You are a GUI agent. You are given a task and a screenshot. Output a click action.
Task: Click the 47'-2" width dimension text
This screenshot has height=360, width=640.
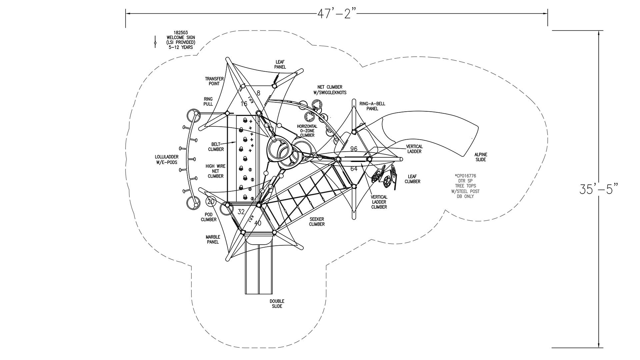point(337,14)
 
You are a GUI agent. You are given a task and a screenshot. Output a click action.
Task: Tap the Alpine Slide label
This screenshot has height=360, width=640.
point(481,157)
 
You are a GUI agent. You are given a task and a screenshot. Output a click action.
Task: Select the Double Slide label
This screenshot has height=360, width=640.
point(277,304)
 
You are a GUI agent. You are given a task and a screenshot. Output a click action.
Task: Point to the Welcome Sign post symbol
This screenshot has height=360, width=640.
point(155,42)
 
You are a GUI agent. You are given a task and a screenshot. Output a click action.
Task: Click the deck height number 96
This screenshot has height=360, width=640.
point(354,149)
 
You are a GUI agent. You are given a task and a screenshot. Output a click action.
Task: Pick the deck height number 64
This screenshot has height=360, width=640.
point(354,169)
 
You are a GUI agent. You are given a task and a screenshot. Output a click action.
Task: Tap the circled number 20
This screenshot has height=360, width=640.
point(211,201)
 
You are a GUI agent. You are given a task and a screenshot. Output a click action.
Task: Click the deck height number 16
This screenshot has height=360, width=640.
point(244,104)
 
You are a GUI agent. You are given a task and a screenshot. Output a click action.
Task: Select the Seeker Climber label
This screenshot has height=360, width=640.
point(317,222)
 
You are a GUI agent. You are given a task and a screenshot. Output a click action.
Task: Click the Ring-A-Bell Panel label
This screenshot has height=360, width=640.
point(372,106)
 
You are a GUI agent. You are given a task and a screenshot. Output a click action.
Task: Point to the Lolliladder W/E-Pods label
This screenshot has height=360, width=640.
point(166,160)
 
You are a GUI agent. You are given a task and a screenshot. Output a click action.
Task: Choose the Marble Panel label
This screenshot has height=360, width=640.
point(213,239)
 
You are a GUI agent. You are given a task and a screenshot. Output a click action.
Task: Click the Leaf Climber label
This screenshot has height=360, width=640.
point(412,179)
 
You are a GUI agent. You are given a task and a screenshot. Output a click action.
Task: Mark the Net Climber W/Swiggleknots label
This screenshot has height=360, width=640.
point(330,90)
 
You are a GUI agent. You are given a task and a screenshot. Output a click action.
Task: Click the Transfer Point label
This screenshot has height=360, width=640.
point(214,81)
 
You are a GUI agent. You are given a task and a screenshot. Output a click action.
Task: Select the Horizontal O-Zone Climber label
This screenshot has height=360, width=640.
point(307,131)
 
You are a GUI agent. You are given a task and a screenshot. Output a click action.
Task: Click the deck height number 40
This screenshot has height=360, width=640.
point(258,223)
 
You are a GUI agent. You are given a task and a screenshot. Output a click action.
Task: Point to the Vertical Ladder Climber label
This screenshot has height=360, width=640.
point(379,202)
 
